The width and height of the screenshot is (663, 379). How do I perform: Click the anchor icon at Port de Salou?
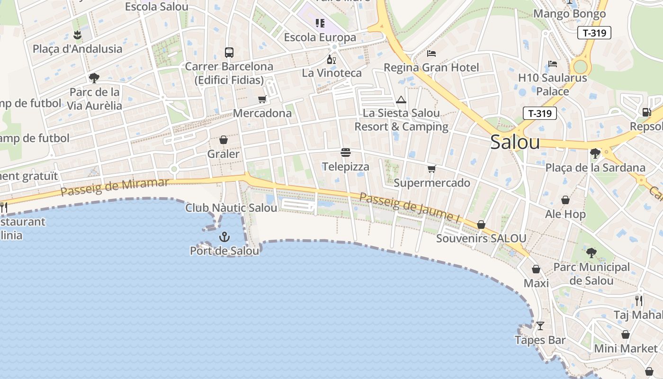224,237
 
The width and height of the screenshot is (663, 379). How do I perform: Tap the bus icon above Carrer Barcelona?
229,52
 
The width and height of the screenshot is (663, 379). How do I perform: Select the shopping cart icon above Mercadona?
262,99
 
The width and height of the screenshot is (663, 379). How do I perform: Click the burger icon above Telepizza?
346,153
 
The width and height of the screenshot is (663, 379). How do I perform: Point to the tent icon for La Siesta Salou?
401,99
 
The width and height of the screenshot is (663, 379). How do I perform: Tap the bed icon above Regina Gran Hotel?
431,53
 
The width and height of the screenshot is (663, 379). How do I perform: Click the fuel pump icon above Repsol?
646,112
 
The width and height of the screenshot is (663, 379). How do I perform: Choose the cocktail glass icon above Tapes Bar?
540,326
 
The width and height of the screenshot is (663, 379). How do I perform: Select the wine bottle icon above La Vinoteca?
331,59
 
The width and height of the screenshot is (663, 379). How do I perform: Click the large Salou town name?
515,142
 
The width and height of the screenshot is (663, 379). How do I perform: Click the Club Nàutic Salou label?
231,208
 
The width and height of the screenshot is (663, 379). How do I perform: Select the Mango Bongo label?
570,14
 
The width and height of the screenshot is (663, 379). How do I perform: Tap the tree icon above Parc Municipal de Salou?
591,253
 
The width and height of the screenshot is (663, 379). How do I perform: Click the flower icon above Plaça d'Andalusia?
77,35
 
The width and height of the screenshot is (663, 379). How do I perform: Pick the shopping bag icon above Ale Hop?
565,200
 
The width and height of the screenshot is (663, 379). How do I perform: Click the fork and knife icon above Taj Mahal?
639,300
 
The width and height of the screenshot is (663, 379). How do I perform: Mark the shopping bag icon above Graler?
224,140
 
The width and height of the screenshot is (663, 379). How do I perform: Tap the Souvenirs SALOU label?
481,238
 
